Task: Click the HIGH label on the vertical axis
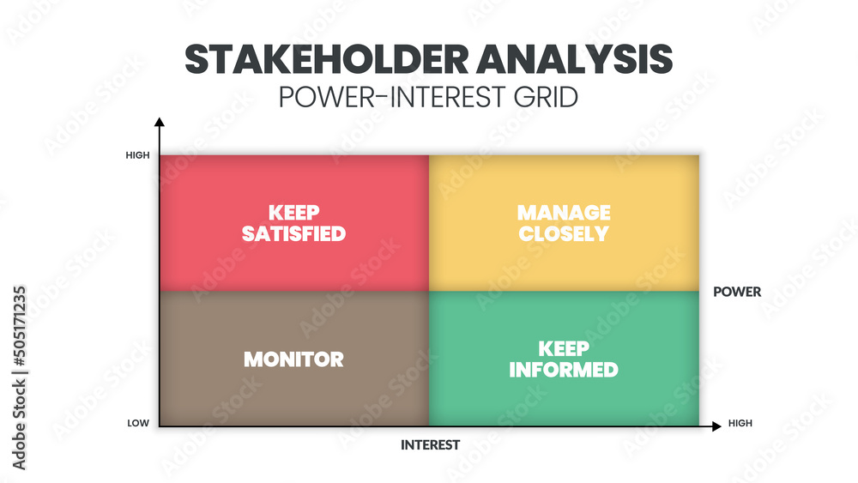[137, 155]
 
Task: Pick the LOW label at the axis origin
[139, 424]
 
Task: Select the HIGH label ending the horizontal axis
[740, 424]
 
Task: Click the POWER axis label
[737, 292]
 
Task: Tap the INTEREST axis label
[430, 444]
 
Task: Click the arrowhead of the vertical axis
[160, 123]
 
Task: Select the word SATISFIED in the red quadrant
[293, 233]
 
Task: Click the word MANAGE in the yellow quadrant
[564, 212]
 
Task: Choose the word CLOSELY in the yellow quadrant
[564, 233]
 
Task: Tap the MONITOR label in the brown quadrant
[293, 359]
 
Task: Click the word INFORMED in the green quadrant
[564, 370]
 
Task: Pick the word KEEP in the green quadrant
[564, 348]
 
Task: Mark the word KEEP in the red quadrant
[293, 212]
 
